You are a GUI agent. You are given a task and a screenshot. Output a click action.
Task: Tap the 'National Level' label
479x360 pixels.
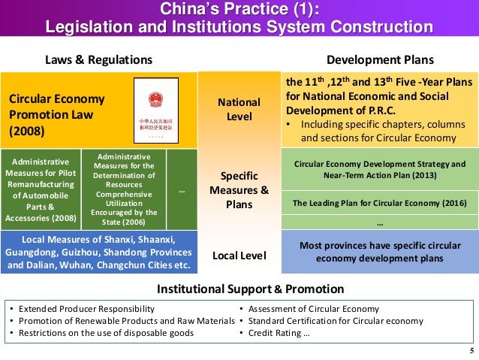point(239,109)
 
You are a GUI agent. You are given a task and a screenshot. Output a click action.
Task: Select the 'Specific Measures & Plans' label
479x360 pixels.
point(239,190)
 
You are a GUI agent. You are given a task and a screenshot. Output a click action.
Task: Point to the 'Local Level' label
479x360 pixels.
point(239,256)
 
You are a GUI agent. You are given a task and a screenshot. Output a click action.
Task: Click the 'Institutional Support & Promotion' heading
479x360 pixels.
point(239,289)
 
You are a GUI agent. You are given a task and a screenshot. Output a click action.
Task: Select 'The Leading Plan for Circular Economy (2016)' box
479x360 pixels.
point(379,203)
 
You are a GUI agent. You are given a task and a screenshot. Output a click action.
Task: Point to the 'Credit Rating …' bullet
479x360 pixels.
point(279,332)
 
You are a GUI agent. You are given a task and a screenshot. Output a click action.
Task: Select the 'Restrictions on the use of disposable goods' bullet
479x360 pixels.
point(106,332)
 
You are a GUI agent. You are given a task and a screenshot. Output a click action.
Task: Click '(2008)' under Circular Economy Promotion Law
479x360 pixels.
point(27,131)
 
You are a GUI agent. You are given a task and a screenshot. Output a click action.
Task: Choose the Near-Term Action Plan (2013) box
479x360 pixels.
point(379,169)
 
